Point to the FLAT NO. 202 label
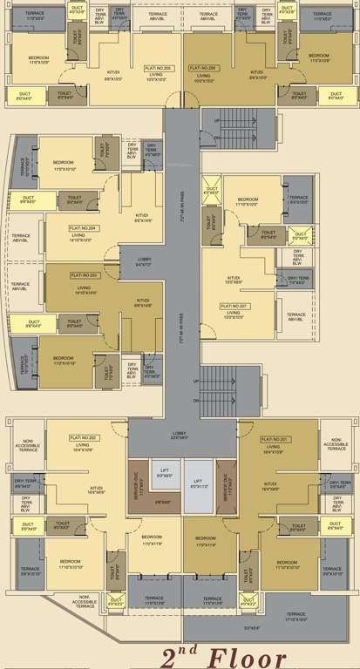tap(82, 437)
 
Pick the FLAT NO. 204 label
tap(83, 227)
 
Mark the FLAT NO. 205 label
tap(157, 67)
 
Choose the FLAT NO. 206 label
tap(201, 67)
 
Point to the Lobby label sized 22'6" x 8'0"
tap(180, 434)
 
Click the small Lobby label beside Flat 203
tap(145, 260)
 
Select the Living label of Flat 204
tap(78, 237)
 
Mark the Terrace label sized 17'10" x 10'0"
tap(295, 616)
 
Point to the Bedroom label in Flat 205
tap(37, 59)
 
